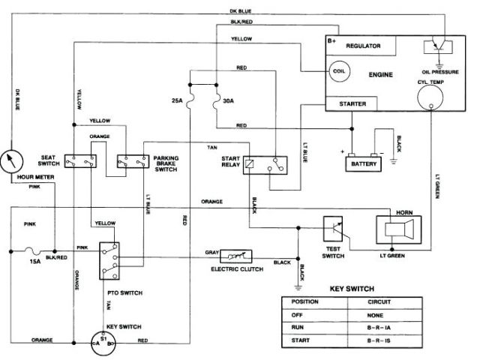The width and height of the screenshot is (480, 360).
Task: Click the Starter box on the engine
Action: [352, 103]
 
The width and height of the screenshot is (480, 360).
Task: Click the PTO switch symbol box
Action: [109, 259]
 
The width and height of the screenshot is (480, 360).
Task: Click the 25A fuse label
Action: [178, 100]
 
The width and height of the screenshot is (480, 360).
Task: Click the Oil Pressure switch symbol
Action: [440, 46]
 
